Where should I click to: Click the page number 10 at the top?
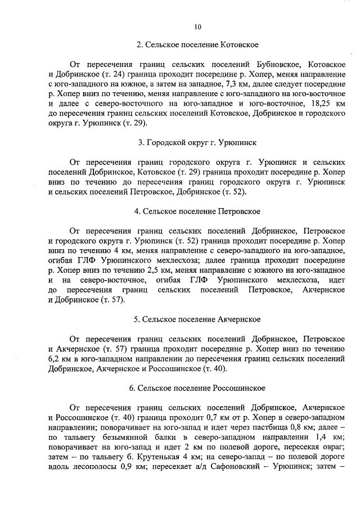click(x=198, y=26)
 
